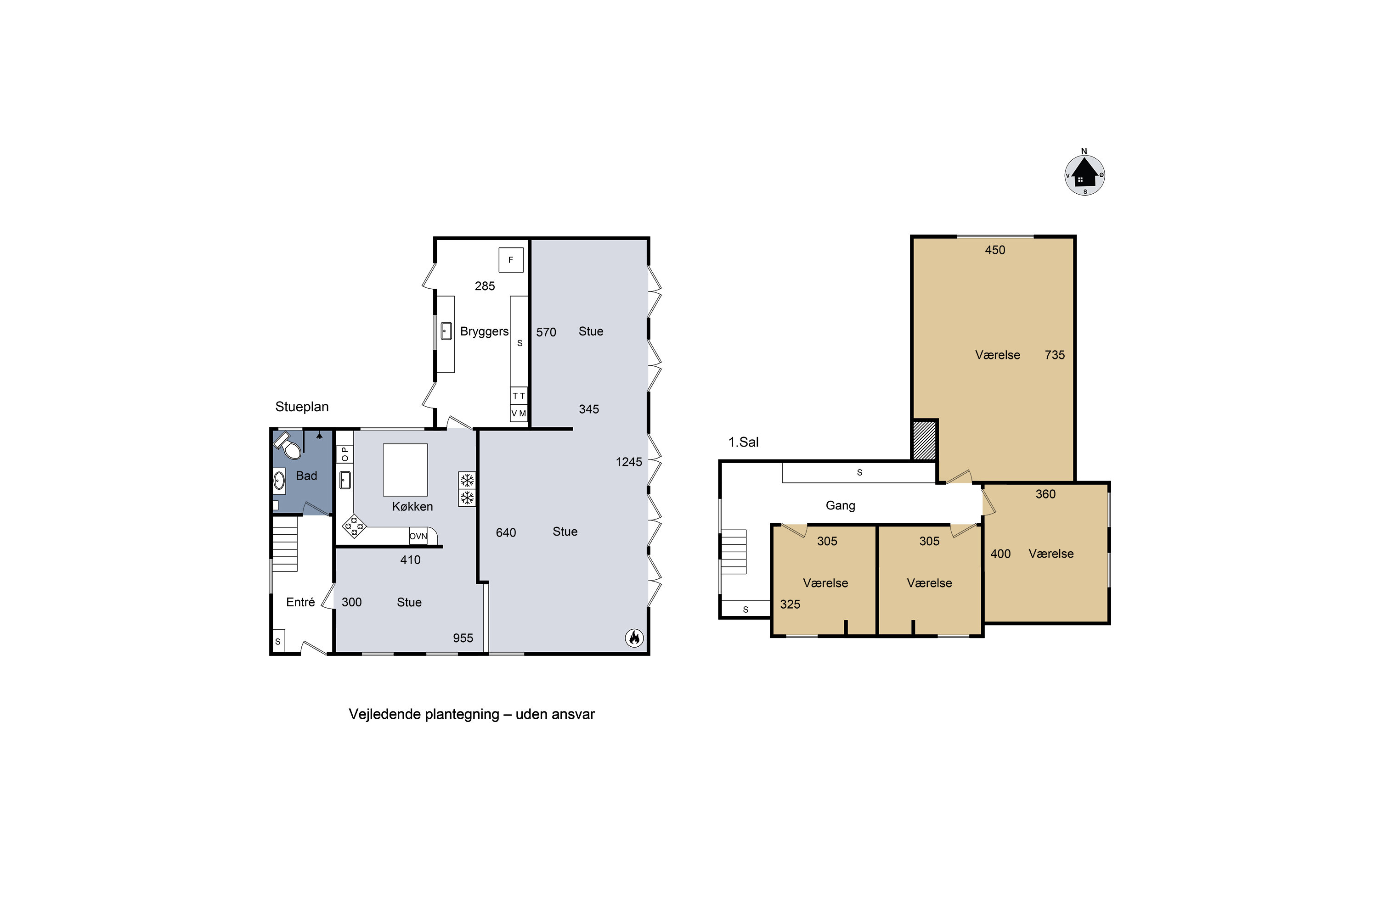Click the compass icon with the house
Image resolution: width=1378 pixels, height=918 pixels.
pos(1084,174)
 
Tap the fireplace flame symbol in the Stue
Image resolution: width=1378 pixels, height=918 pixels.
pos(634,638)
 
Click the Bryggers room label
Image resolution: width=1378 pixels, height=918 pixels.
pos(484,331)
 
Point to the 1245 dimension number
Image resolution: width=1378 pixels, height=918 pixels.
pos(629,462)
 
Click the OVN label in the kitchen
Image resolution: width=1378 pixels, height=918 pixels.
pos(418,536)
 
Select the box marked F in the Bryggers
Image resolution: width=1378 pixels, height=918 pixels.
pos(511,260)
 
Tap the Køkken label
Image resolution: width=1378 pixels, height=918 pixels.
pos(412,506)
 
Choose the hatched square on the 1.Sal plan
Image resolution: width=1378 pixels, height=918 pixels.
pos(925,441)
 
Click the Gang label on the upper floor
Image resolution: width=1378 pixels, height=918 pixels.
pos(840,505)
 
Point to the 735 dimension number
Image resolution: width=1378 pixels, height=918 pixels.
pos(1055,355)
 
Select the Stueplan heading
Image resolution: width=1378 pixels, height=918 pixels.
pos(302,407)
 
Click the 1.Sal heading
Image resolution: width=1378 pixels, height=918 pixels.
pos(744,442)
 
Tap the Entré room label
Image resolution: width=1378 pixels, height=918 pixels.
pos(300,602)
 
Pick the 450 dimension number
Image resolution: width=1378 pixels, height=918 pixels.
pos(995,250)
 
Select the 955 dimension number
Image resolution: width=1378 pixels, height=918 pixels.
pos(463,638)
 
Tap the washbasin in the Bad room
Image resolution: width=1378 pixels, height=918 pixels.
pos(279,481)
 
